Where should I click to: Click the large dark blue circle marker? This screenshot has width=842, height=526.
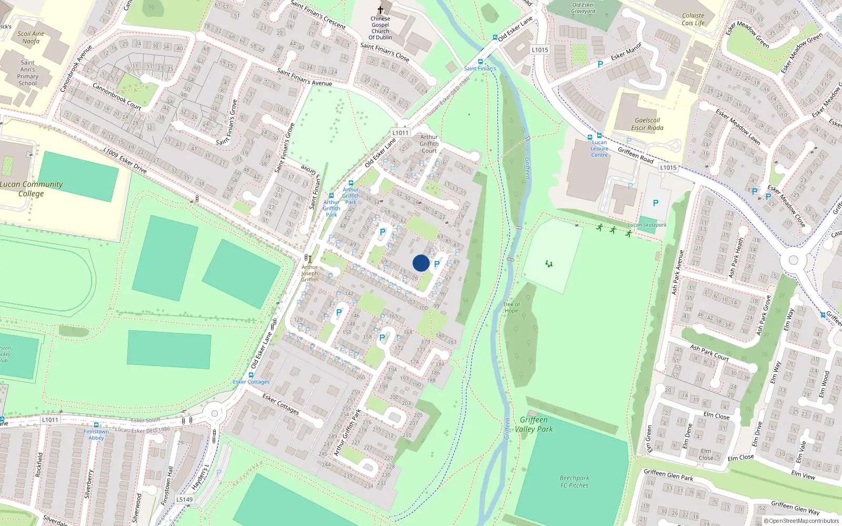click(x=421, y=263)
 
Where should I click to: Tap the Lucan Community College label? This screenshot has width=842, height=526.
click(x=31, y=189)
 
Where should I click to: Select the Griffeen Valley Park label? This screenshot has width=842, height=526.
click(x=534, y=424)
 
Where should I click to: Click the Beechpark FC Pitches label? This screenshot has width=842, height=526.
click(x=574, y=481)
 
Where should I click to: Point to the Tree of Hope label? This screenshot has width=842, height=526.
click(x=511, y=307)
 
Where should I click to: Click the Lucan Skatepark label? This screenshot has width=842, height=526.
click(x=647, y=225)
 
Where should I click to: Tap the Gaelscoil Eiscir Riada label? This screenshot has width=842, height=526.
click(x=647, y=124)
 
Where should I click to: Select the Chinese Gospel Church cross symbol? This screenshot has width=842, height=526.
click(x=380, y=10)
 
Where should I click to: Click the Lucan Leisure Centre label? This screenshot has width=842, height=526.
click(x=599, y=148)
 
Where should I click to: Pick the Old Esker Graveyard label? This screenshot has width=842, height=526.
click(x=583, y=8)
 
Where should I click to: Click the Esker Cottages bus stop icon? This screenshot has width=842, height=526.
click(x=251, y=375)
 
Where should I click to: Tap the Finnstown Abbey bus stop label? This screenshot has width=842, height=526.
click(x=96, y=434)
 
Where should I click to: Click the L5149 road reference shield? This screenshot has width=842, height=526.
click(x=184, y=499)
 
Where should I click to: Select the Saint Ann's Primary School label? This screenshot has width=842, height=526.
click(x=27, y=73)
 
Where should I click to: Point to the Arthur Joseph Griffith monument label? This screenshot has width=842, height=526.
click(x=309, y=273)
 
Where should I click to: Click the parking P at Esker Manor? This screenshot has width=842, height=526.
click(x=600, y=64)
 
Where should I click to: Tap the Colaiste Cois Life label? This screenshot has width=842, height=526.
click(x=693, y=19)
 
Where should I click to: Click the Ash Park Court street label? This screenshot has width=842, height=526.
click(x=709, y=353)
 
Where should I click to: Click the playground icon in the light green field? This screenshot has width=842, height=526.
click(x=549, y=264)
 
